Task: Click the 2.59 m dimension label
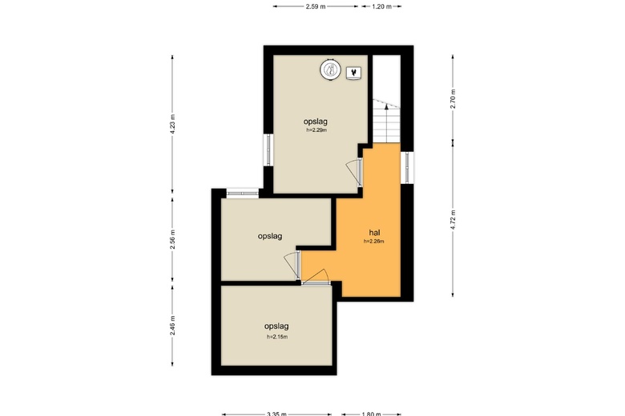click(315, 6)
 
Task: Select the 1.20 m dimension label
click(381, 6)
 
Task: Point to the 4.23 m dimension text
click(172, 124)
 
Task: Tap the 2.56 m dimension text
click(172, 240)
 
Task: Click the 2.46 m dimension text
click(172, 326)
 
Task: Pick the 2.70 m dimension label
click(453, 98)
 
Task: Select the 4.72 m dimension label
click(453, 220)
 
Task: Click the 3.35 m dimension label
click(276, 414)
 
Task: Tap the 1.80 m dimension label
click(371, 414)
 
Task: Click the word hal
click(374, 233)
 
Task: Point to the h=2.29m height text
click(317, 130)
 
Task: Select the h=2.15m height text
click(277, 337)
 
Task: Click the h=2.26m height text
click(374, 242)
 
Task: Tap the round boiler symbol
click(330, 70)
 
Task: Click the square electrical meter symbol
click(353, 74)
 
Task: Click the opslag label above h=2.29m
click(315, 122)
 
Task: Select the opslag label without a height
click(270, 237)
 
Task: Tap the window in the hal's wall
click(407, 167)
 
